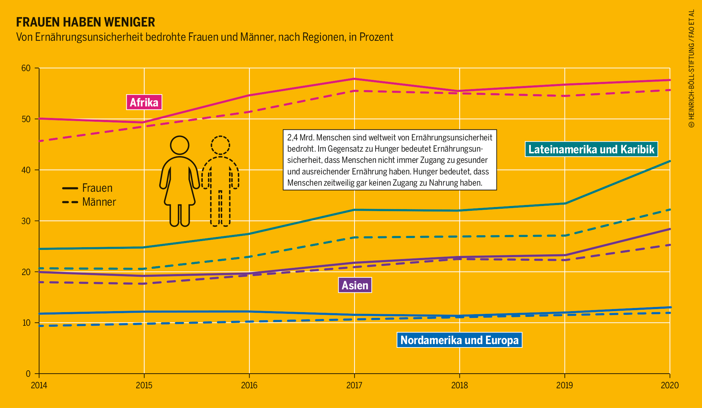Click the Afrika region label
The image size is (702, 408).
(144, 102)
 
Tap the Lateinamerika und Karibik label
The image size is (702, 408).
(591, 149)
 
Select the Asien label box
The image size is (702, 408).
(355, 285)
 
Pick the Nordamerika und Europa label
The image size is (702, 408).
(459, 340)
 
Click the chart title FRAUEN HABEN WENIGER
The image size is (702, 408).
(86, 22)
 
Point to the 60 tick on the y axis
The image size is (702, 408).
(26, 68)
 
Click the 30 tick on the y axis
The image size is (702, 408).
(26, 221)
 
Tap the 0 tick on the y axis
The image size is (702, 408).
(28, 374)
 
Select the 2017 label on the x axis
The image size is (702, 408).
(354, 385)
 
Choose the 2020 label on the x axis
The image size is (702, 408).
(669, 385)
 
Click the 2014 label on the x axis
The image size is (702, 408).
(39, 385)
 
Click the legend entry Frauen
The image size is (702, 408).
(97, 188)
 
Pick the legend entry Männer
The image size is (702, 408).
(99, 202)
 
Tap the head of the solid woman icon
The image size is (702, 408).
(179, 145)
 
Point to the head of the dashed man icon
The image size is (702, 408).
(220, 145)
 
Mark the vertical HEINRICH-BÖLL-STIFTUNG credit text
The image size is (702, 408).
(691, 68)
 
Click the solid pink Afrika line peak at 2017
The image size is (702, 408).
(354, 79)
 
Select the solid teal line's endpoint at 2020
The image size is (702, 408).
(669, 161)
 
